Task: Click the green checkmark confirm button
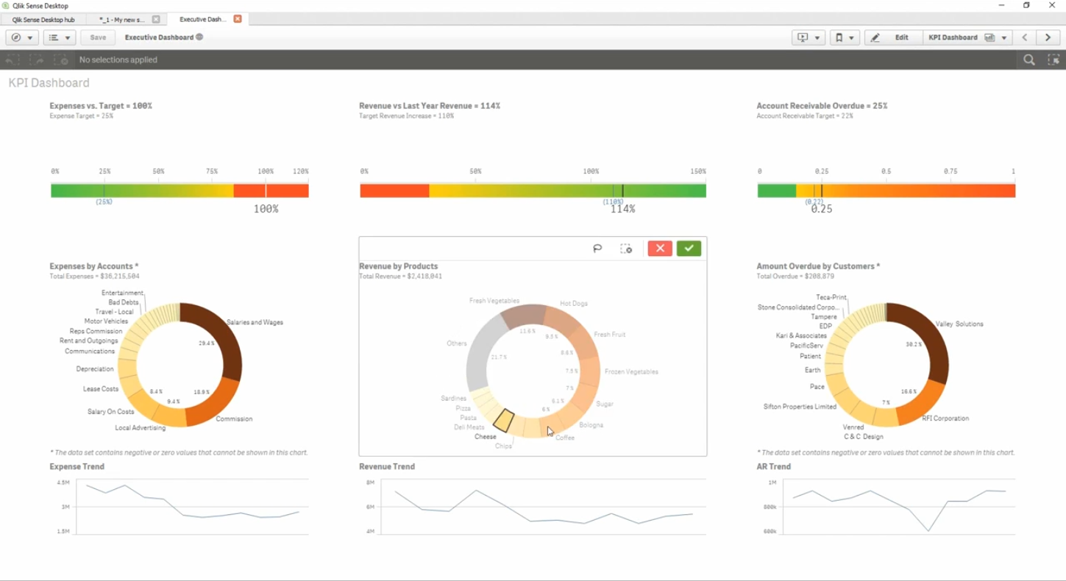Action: (x=689, y=249)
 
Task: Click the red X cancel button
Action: (x=660, y=249)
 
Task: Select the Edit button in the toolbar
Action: (x=893, y=38)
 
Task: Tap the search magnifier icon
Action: (x=1028, y=60)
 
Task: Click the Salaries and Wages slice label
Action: (x=255, y=322)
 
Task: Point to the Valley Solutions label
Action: (x=959, y=324)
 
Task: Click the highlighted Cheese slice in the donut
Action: (x=503, y=421)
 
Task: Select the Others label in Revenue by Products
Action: (x=456, y=343)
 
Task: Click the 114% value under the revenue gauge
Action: (x=622, y=210)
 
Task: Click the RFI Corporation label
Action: (x=945, y=418)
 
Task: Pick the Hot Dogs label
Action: (x=573, y=303)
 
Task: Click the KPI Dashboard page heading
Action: (x=49, y=83)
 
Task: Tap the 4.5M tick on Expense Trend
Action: (x=63, y=482)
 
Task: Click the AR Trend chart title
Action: (x=773, y=466)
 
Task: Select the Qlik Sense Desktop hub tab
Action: (x=43, y=20)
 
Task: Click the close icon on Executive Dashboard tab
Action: (x=238, y=19)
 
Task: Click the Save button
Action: (x=98, y=38)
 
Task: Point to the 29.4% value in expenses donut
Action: (x=207, y=343)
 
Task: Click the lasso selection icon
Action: (x=597, y=249)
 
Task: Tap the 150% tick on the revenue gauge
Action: (x=697, y=171)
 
